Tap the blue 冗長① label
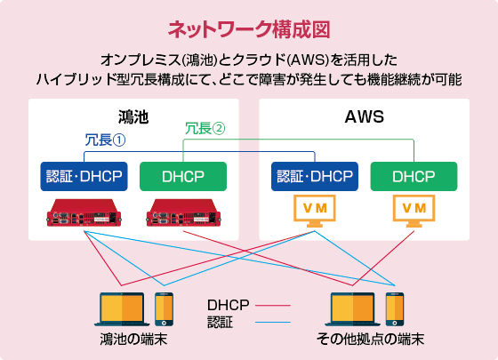[x=104, y=140]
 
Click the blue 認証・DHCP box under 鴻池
[x=84, y=176]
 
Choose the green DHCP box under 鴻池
[x=183, y=176]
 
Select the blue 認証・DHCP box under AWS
[x=315, y=176]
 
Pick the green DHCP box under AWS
[x=414, y=176]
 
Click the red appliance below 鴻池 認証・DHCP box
[x=84, y=213]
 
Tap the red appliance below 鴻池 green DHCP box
[x=183, y=213]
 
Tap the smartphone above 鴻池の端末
[x=165, y=308]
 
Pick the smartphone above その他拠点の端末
[x=395, y=308]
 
